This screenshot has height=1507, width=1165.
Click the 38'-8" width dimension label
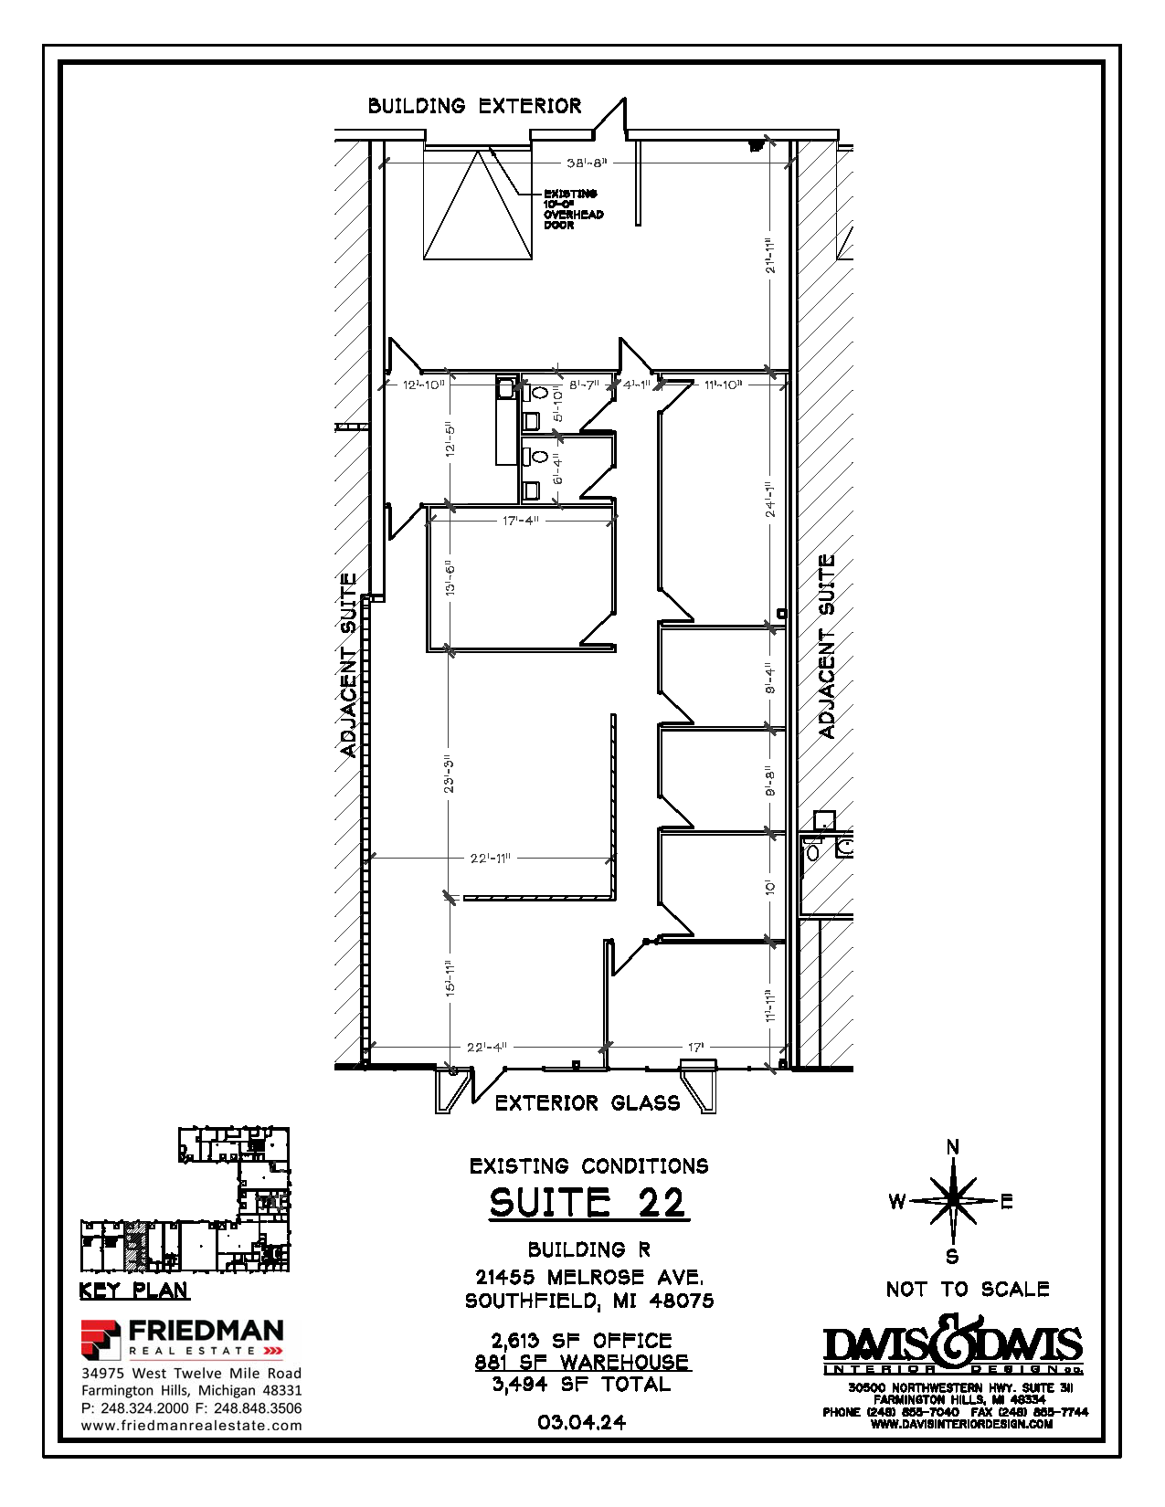pos(587,163)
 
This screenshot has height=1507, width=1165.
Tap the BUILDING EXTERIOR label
pos(474,106)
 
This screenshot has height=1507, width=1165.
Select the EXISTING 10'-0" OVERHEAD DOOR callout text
pos(574,209)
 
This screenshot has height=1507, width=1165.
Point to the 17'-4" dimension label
pos(521,521)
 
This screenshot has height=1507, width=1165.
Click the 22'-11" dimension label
pos(490,859)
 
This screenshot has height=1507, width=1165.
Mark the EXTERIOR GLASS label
pos(588,1103)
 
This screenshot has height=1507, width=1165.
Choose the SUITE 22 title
pos(588,1202)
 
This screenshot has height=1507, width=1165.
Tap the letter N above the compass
pos(953,1148)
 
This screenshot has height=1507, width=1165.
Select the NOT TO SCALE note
pos(968,1290)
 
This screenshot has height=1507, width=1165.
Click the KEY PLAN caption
pos(134,1291)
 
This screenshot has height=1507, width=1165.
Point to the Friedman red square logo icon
pos(101,1339)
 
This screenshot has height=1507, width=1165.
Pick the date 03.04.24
pos(582,1422)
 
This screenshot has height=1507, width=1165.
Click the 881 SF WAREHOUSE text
pos(582,1363)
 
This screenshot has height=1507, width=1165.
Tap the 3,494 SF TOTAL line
pos(582,1385)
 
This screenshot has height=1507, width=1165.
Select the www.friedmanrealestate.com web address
pos(192,1426)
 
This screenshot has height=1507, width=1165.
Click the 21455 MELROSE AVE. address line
pos(589,1277)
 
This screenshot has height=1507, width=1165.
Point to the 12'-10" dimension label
pos(424,385)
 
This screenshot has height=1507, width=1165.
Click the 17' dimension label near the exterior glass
pos(696,1048)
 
